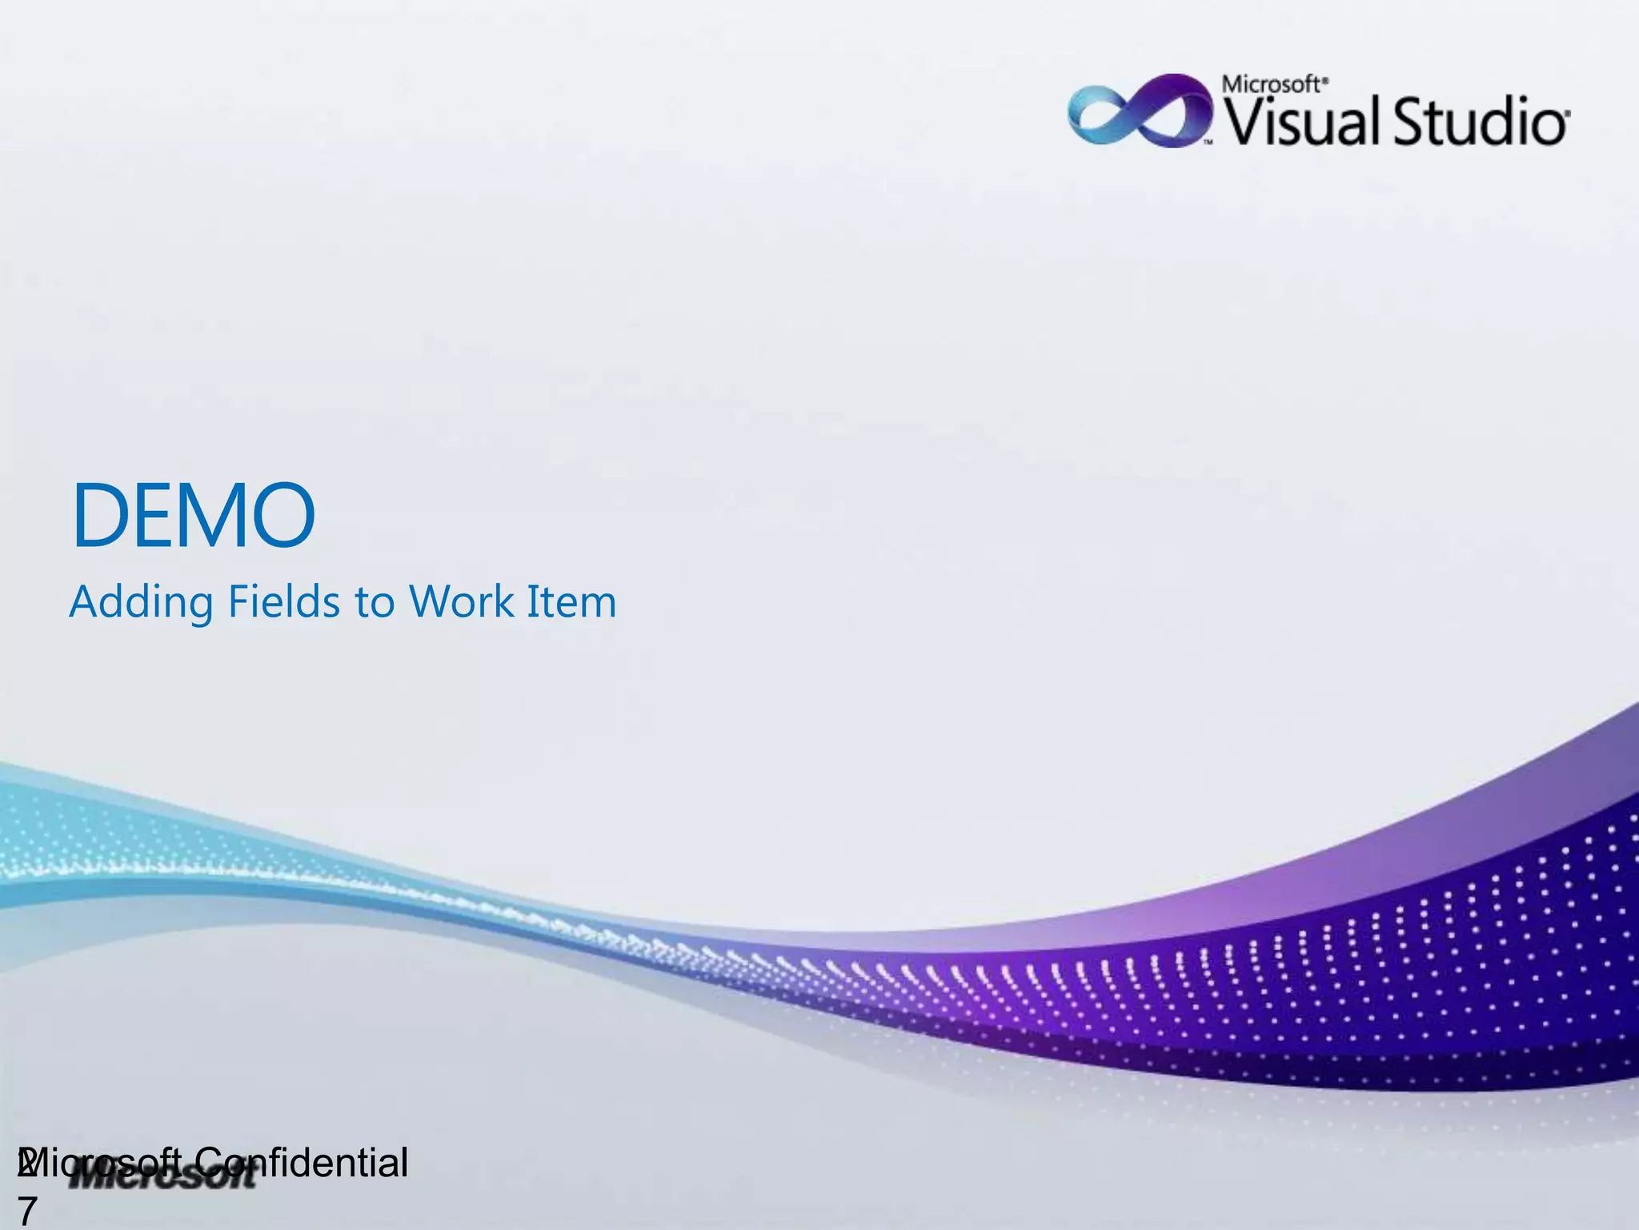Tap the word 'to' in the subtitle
point(375,602)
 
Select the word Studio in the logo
point(1481,122)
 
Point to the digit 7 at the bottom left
point(27,1212)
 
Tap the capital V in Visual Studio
point(1241,122)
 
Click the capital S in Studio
point(1413,122)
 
